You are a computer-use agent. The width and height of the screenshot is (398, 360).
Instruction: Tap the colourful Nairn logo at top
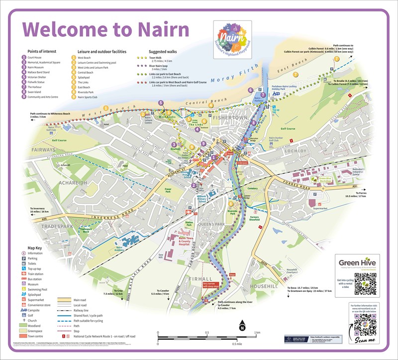coord(231,36)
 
